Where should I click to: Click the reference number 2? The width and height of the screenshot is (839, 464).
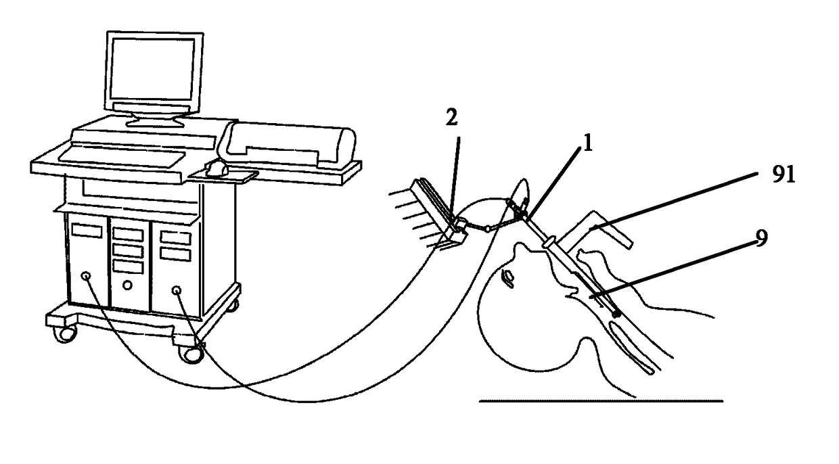tap(452, 117)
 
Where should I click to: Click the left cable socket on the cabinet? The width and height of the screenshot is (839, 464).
tap(87, 277)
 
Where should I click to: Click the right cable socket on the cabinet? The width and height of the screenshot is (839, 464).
tap(177, 291)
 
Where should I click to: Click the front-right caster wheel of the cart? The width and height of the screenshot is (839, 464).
tap(190, 353)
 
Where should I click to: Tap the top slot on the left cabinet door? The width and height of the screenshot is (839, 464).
tap(86, 231)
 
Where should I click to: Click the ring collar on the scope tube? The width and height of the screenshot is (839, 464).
tap(549, 241)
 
